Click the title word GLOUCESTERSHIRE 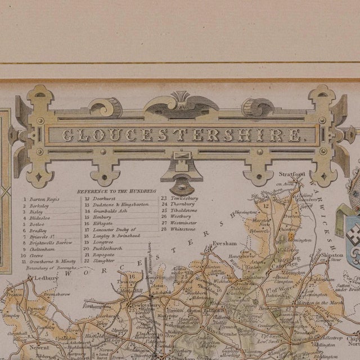(181, 135)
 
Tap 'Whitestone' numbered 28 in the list (183, 229)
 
